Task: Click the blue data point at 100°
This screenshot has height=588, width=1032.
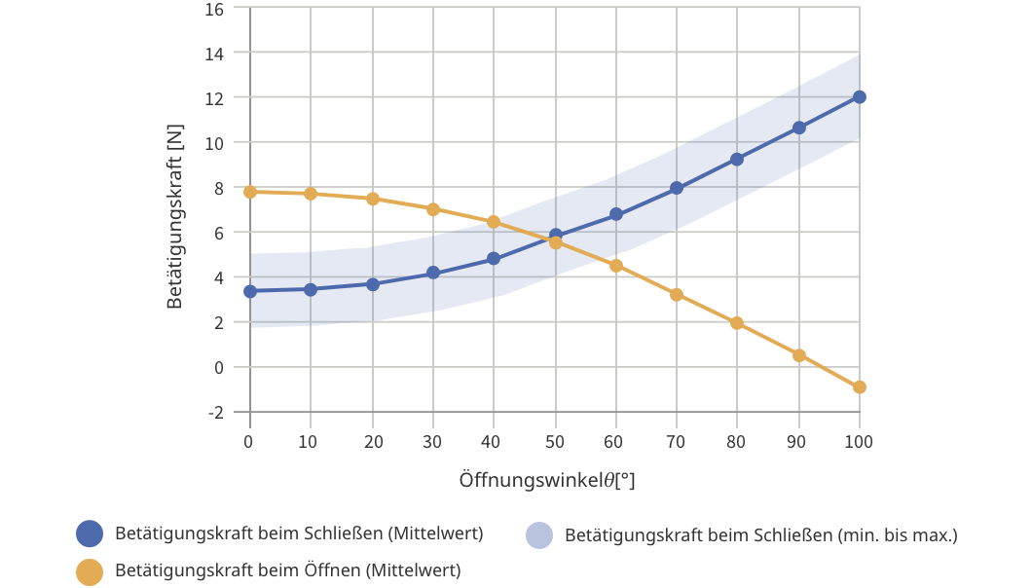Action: pos(860,97)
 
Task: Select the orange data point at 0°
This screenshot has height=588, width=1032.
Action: pos(250,192)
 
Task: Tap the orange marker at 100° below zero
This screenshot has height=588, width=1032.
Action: pos(860,387)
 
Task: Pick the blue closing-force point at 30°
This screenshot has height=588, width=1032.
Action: pos(433,274)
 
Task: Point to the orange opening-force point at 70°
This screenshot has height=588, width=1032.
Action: pos(677,295)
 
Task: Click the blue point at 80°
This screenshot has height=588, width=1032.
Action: pos(737,159)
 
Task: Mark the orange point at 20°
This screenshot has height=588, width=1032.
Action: pos(372,199)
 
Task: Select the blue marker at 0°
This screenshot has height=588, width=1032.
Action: pos(250,291)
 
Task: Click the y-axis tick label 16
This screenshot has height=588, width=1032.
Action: pos(214,9)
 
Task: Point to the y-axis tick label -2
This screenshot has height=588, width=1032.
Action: pos(215,413)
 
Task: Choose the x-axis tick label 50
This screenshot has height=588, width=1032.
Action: pos(555,442)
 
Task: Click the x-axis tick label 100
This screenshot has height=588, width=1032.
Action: pos(860,442)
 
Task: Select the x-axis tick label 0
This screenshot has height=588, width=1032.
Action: pos(250,442)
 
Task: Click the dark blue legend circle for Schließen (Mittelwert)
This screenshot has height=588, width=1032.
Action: pos(90,534)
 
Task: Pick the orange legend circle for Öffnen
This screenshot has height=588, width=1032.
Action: pos(90,571)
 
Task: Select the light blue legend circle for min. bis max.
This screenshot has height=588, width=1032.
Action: pos(538,535)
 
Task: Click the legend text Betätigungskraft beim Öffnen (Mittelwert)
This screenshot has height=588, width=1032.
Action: pos(287,570)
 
